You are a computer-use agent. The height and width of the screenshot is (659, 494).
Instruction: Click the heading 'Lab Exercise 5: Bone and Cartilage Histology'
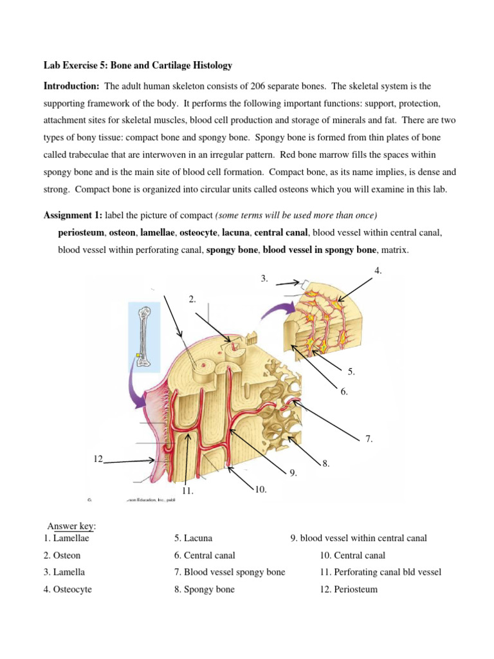[x=138, y=66]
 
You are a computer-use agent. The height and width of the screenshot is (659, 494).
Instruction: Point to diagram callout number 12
[x=98, y=458]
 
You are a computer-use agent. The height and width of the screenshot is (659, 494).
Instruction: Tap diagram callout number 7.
[x=369, y=439]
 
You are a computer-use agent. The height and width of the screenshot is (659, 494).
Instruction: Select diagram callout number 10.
[x=261, y=490]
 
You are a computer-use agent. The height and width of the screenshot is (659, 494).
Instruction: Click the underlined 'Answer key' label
[x=71, y=526]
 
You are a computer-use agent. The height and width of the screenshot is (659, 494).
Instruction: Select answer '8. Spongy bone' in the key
[x=204, y=589]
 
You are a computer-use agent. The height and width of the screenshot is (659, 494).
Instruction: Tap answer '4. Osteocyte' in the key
[x=68, y=589]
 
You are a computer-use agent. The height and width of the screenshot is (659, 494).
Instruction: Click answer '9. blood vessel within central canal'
[x=358, y=538]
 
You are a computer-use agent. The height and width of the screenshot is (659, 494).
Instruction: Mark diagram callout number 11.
[x=187, y=491]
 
